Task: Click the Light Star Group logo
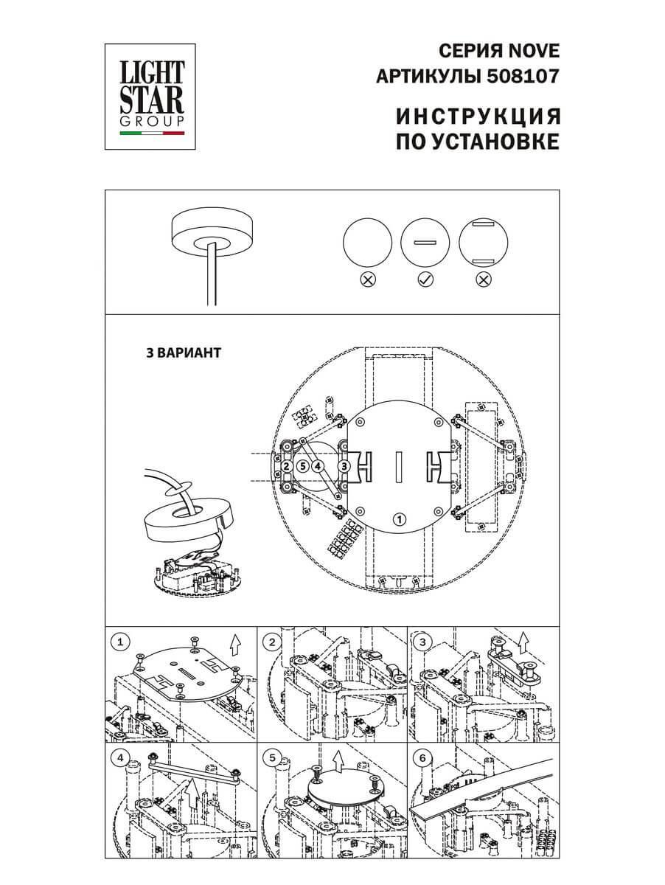(x=152, y=94)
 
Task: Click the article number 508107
(x=524, y=75)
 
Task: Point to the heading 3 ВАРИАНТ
(x=184, y=353)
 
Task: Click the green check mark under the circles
(x=425, y=280)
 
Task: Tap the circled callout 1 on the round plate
(x=399, y=519)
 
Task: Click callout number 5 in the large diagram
(x=302, y=466)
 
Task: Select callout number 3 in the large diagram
(x=344, y=466)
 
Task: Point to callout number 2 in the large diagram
(x=286, y=466)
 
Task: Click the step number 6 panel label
(x=422, y=758)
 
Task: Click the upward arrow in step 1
(x=234, y=645)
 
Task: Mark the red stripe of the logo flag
(x=173, y=134)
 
